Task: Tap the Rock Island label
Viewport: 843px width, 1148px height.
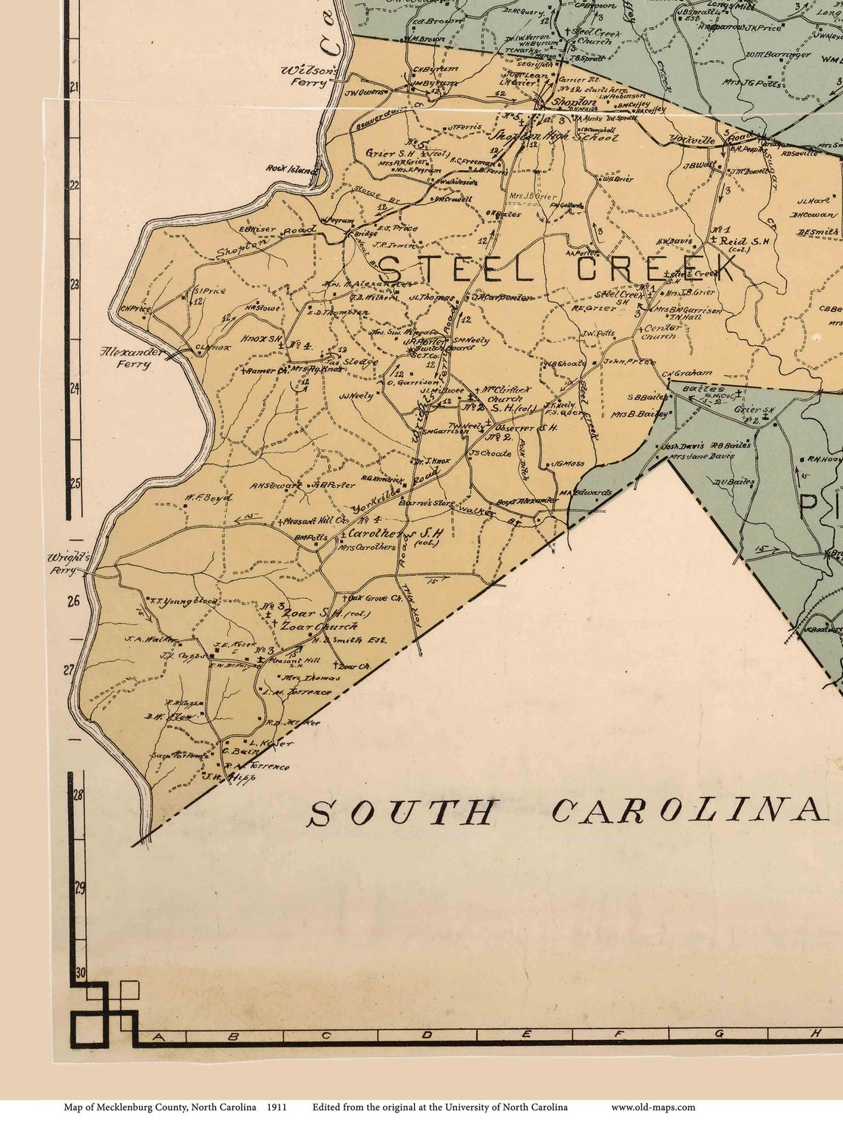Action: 291,169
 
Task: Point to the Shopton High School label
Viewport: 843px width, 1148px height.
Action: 555,137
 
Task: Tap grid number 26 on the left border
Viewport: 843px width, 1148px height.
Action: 73,602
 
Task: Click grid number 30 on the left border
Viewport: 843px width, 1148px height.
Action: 80,973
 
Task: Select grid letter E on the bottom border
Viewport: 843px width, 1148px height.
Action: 526,1034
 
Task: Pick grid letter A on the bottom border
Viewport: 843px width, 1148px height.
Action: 158,1036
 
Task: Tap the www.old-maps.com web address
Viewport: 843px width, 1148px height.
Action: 653,1107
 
